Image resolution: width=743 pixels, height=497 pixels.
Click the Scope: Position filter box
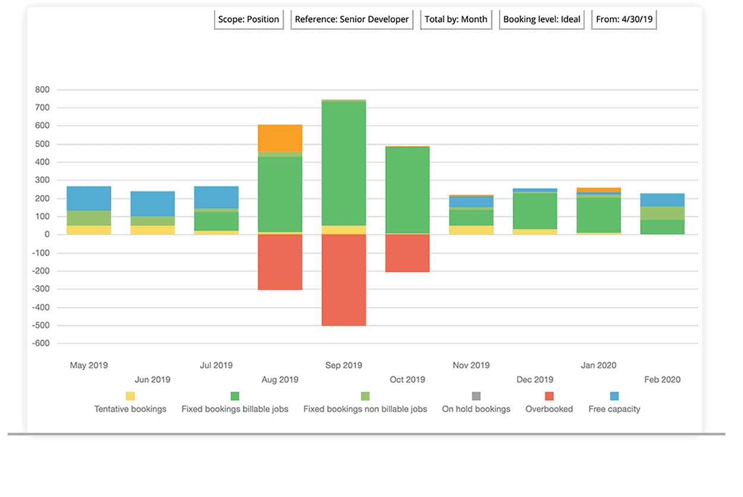pos(248,20)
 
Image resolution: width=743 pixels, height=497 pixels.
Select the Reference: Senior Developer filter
pos(352,20)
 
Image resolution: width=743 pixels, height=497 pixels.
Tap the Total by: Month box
pos(456,20)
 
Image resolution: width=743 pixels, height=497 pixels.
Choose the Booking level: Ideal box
pos(542,20)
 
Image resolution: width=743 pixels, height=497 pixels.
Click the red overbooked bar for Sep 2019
pos(344,280)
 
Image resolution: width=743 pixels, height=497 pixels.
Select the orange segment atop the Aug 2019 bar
pos(280,138)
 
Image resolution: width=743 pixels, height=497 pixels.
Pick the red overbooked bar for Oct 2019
pos(407,253)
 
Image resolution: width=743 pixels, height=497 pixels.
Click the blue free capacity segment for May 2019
pos(89,198)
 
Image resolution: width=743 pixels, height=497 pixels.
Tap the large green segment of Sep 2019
pos(344,163)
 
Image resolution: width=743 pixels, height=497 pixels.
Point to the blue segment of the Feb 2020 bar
pos(662,200)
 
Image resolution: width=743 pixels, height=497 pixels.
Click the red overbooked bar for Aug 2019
pos(280,262)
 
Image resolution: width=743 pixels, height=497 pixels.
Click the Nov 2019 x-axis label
pos(471,365)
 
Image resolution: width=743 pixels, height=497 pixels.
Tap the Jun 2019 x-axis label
pos(153,379)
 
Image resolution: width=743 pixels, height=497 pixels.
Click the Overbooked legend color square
pos(549,396)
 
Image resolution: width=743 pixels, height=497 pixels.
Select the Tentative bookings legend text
pos(130,409)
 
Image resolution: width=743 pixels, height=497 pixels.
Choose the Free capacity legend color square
pos(614,396)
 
